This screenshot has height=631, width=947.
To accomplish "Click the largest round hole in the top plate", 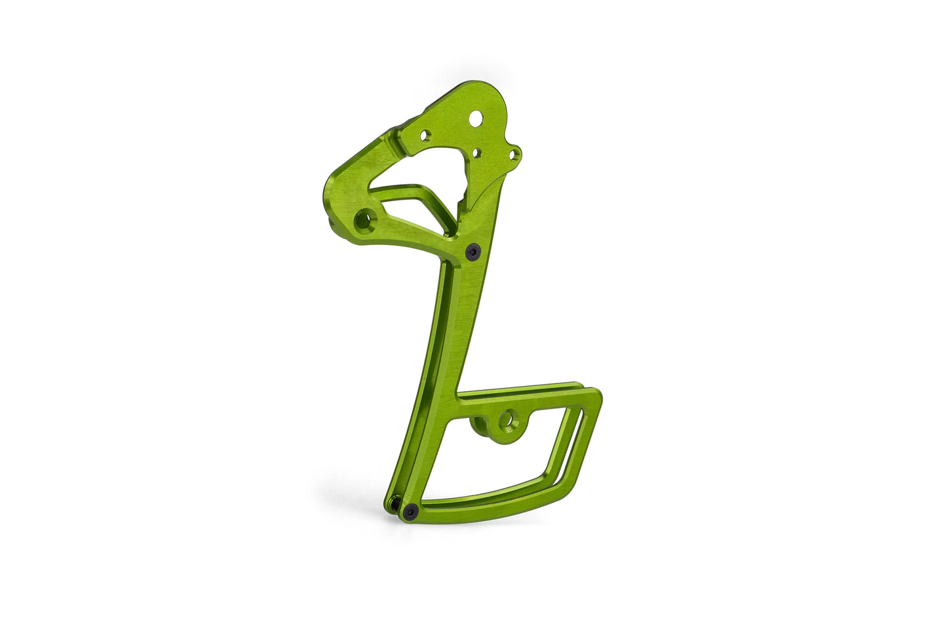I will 476,119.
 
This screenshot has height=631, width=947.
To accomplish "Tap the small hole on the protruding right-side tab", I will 515,155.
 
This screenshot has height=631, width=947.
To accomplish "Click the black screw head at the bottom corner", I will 410,510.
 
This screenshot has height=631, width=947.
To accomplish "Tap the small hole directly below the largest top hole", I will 477,152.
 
